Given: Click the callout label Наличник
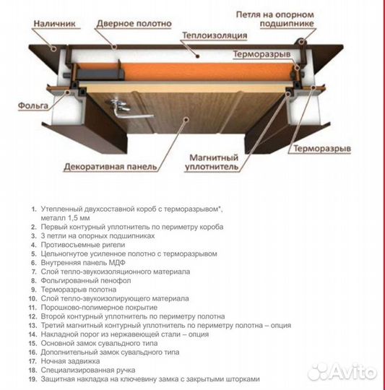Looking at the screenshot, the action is [54, 24].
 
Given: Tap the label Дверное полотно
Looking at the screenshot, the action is [134, 24].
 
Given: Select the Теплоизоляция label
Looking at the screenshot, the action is [215, 35].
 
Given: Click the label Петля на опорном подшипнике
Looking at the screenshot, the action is [274, 19].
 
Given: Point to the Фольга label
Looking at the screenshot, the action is [33, 105].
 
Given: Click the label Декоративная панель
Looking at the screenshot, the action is [111, 166].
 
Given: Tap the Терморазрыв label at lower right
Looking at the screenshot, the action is [322, 149].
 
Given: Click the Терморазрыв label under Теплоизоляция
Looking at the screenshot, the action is [262, 54].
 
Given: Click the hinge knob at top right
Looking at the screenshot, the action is [301, 41].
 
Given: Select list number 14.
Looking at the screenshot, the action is [33, 334].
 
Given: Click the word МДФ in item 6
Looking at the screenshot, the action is [117, 263].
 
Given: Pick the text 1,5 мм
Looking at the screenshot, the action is [79, 218].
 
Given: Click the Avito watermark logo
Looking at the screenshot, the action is [342, 372].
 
